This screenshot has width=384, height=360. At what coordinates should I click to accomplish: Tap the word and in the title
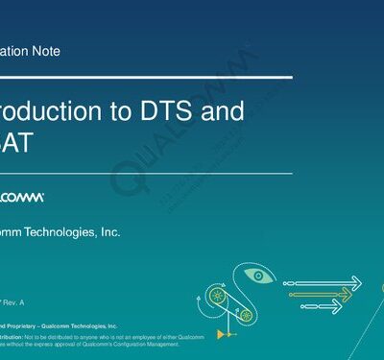[x=223, y=111]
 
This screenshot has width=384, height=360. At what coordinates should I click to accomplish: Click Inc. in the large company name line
[x=109, y=232]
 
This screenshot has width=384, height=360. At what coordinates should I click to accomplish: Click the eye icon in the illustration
[x=258, y=276]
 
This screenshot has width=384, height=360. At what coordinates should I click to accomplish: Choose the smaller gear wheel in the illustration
[x=247, y=314]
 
